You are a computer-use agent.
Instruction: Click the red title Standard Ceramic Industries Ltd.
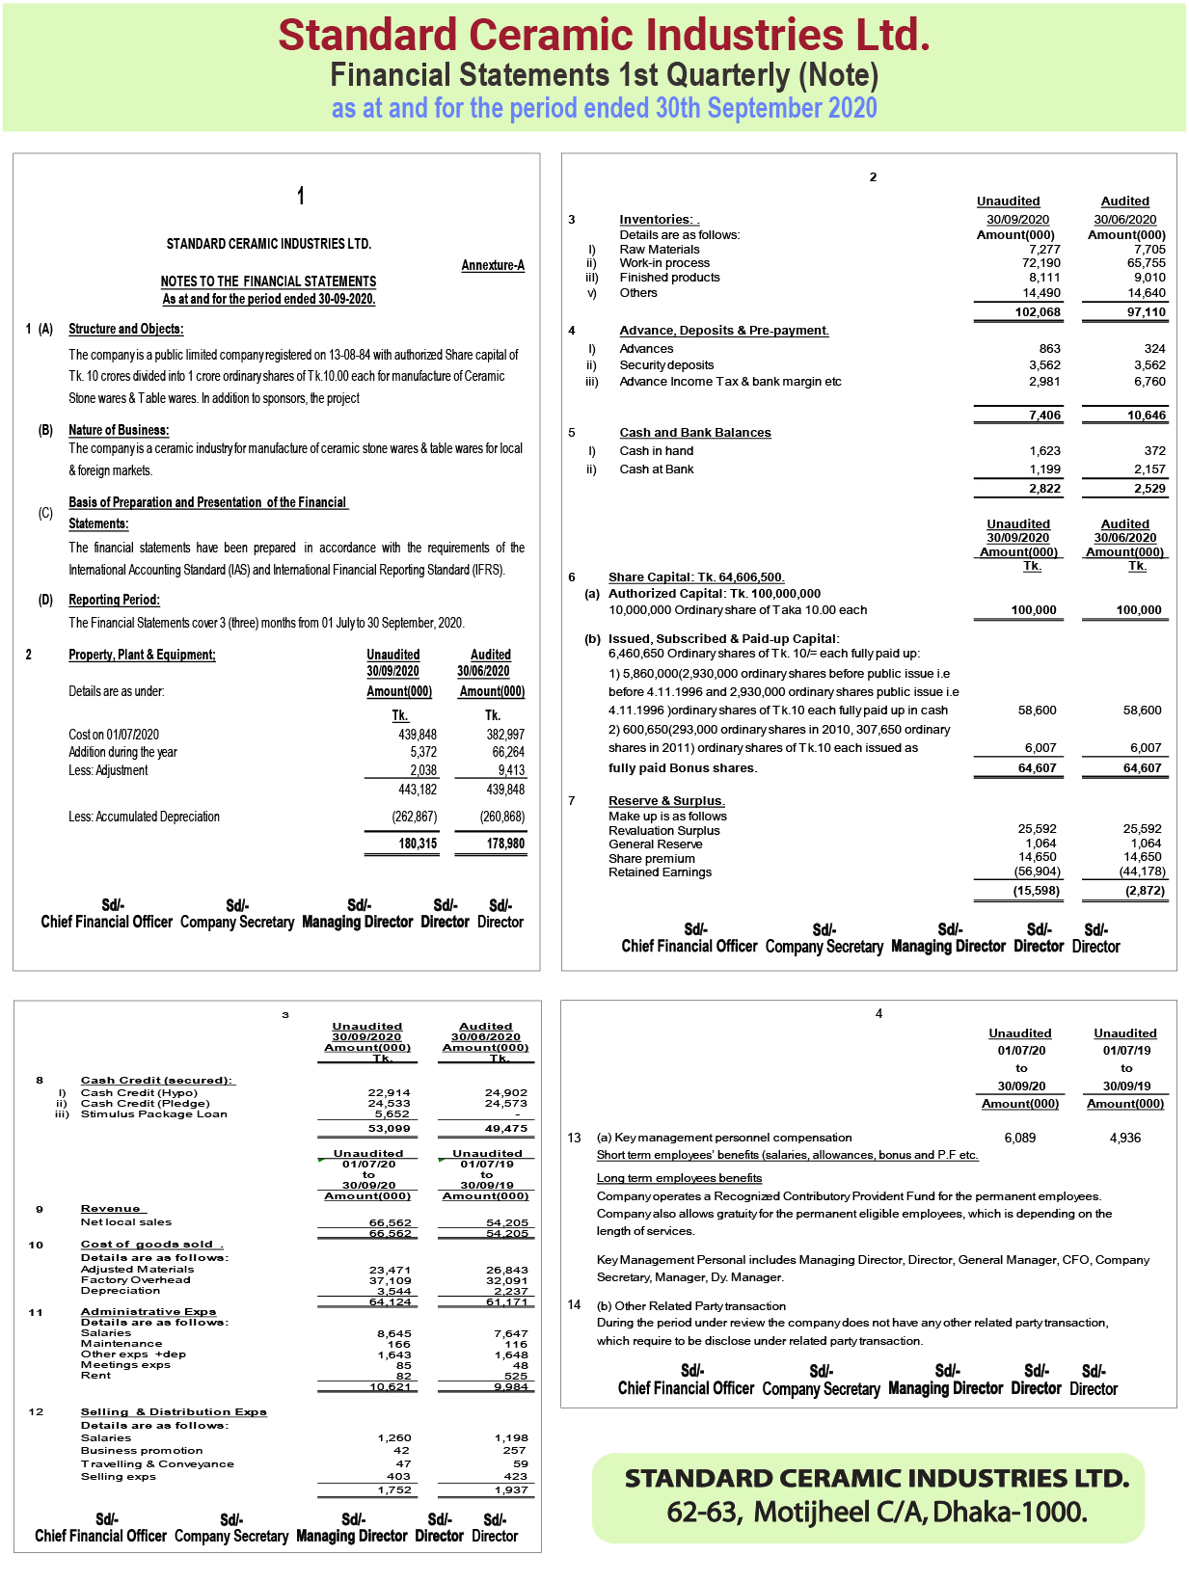point(604,35)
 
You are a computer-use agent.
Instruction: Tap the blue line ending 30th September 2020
point(604,108)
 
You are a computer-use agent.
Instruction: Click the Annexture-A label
point(493,265)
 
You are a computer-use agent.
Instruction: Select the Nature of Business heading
point(119,430)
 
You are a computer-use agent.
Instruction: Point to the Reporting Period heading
point(114,600)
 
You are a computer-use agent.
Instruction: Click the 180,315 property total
point(418,844)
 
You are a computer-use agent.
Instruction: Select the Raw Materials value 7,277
point(1044,249)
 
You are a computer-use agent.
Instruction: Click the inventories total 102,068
point(1038,311)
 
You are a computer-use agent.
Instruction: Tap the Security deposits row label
point(666,365)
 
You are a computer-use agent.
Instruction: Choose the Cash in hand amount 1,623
point(1044,450)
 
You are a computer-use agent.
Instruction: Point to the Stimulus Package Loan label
point(154,1114)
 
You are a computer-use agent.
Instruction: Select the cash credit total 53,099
point(390,1128)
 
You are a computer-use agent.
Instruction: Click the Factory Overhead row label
point(136,1280)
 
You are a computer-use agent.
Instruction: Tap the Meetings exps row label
point(125,1365)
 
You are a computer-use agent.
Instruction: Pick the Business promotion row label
point(142,1450)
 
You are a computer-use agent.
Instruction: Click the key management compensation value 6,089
point(1019,1138)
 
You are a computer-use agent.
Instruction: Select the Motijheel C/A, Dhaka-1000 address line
point(877,1512)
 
